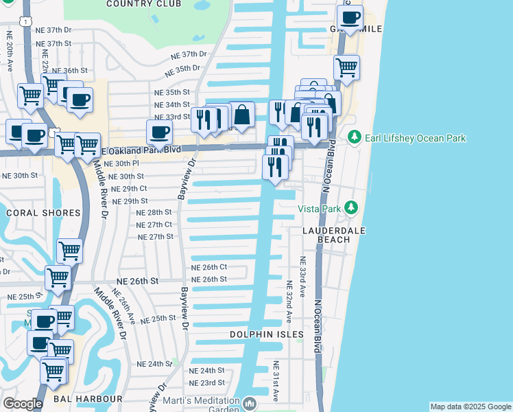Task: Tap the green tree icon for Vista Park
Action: pos(351,207)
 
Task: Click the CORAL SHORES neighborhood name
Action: pos(43,213)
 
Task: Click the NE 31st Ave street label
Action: pos(275,381)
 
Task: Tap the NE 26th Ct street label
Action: pos(208,267)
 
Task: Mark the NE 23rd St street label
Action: pos(207,382)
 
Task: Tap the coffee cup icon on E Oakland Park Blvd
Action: pos(159,132)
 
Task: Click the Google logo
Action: pos(23,404)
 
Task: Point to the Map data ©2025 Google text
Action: pos(470,407)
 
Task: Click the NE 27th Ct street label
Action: pos(154,225)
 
